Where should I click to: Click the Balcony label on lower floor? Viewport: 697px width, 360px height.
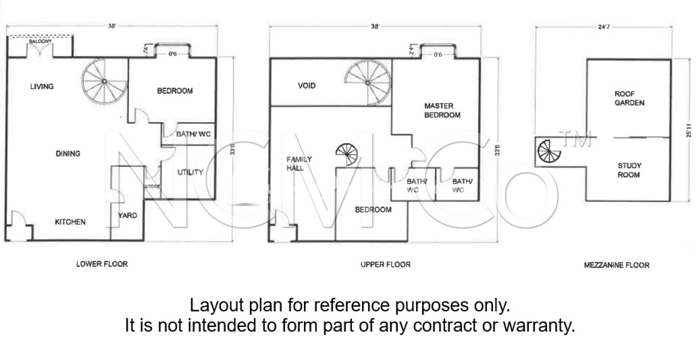[40, 41]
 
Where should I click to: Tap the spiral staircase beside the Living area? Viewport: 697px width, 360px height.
[104, 81]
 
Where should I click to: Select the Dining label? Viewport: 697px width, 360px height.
[68, 154]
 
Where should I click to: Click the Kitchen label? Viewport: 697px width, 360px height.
[70, 222]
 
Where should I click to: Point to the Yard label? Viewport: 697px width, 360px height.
[128, 215]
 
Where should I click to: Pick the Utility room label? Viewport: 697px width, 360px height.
[190, 172]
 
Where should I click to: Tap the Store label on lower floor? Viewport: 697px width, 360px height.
[152, 186]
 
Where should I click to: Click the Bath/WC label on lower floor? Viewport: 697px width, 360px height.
[193, 134]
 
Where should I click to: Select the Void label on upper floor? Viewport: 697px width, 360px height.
[307, 86]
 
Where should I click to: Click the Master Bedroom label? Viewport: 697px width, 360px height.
[442, 111]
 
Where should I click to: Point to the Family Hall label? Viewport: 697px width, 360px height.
[299, 164]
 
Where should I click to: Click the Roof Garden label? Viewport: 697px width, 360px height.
[629, 98]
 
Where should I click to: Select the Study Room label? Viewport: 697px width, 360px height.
[629, 170]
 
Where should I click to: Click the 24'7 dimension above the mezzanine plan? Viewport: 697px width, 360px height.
[604, 27]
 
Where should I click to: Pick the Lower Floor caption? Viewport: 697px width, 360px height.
[102, 264]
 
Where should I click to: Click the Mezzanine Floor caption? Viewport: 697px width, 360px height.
[616, 265]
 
